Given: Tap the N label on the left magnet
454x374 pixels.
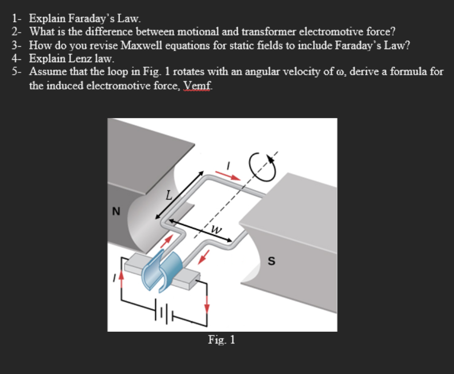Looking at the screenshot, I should point(116,211).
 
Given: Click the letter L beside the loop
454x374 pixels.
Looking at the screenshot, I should point(168,196).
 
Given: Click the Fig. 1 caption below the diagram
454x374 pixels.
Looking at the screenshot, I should point(222,340).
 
